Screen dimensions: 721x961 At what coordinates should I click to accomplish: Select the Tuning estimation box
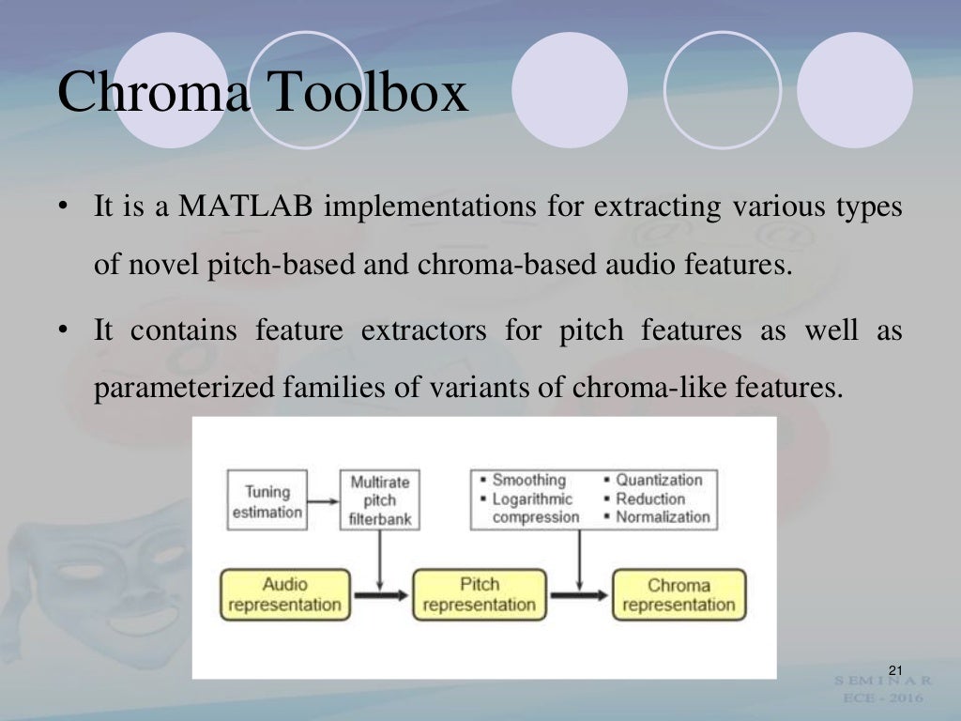(x=267, y=501)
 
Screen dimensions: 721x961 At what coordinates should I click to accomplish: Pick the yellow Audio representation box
(x=284, y=594)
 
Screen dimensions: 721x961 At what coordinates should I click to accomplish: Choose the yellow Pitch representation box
(x=479, y=594)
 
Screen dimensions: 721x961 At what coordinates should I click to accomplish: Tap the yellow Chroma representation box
(x=679, y=594)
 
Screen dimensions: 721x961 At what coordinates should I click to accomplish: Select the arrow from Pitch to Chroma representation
(x=580, y=594)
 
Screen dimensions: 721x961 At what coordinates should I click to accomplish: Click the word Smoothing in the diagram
(x=528, y=481)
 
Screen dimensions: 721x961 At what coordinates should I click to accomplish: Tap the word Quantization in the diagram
(x=659, y=481)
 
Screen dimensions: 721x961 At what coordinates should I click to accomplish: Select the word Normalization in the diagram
(x=663, y=516)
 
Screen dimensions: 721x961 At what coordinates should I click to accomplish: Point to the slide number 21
(x=893, y=669)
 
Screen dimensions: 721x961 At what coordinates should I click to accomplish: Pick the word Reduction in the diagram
(x=650, y=499)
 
